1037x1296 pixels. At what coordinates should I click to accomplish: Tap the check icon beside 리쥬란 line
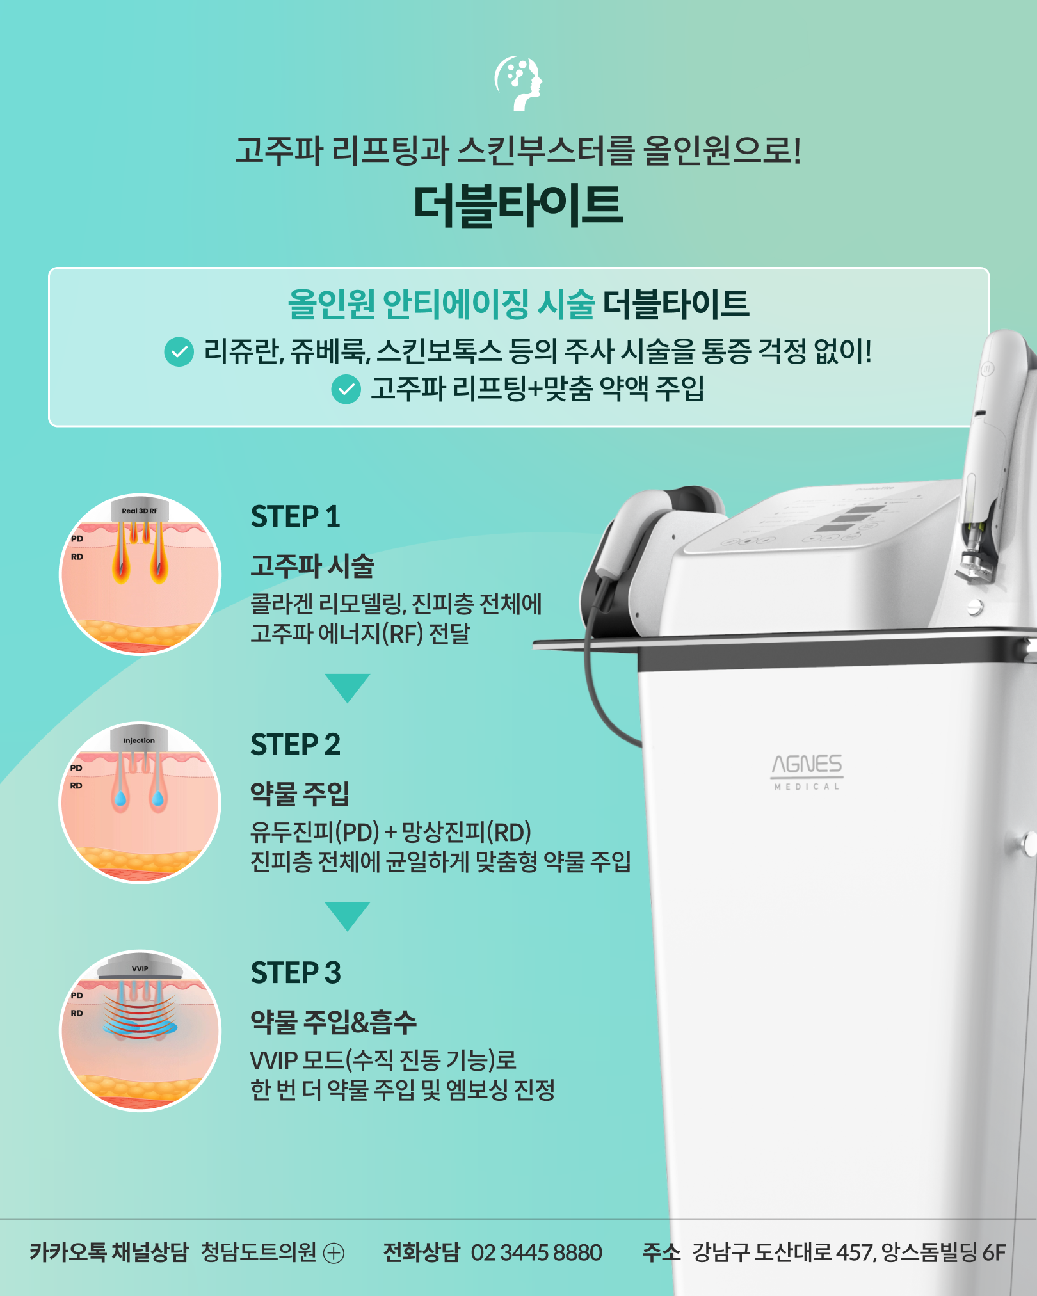(179, 351)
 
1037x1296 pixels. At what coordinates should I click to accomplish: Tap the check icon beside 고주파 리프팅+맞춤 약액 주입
(346, 389)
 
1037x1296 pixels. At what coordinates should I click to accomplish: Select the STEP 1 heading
(295, 517)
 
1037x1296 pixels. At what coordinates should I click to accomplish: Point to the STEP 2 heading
(295, 745)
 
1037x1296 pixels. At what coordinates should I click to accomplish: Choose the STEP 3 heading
(296, 973)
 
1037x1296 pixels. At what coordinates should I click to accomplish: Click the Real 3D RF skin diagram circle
(140, 575)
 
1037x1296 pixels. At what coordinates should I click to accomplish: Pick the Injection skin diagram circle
(140, 803)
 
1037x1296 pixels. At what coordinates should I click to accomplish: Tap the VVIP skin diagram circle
(140, 1030)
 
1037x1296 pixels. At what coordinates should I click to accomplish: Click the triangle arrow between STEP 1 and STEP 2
(348, 687)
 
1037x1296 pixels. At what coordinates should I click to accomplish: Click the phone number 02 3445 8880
(536, 1252)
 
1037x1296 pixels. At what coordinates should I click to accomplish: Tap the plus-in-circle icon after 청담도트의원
(334, 1253)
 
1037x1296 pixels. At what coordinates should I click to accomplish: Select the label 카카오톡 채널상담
(109, 1252)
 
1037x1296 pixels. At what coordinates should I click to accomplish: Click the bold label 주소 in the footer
(661, 1252)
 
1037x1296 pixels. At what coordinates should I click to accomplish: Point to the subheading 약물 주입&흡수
(334, 1022)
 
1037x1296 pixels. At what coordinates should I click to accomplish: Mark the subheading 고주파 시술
(312, 566)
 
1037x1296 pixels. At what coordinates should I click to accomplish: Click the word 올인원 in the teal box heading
(331, 304)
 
